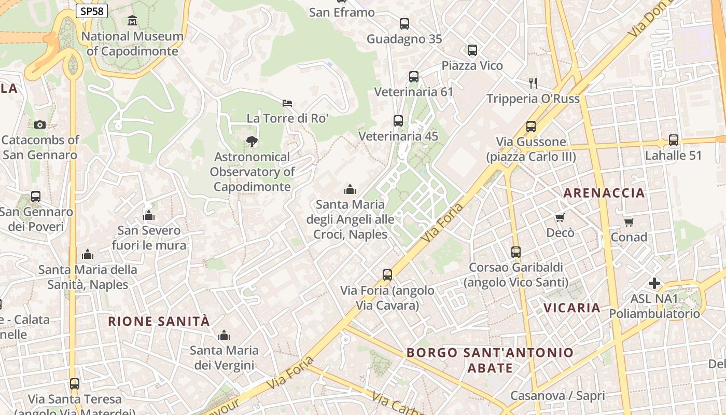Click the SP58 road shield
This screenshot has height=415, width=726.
click(92, 11)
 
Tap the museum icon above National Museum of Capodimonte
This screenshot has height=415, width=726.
click(132, 21)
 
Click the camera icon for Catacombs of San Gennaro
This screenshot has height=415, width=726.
click(40, 125)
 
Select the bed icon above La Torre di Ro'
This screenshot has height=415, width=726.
click(287, 103)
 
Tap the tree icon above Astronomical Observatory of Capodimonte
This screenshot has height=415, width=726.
click(252, 141)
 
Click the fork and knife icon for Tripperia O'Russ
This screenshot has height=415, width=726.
click(533, 83)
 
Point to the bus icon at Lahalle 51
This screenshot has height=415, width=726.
click(673, 140)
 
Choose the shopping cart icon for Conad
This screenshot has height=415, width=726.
click(629, 222)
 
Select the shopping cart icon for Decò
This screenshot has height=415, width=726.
click(560, 217)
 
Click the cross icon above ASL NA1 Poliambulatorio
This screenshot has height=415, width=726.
click(654, 283)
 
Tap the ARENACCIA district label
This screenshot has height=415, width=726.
click(604, 193)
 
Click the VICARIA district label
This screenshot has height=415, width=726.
click(571, 308)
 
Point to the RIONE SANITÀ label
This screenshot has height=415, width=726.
click(159, 321)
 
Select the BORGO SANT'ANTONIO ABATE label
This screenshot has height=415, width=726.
click(490, 360)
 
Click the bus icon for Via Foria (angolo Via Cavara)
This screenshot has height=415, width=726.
click(387, 275)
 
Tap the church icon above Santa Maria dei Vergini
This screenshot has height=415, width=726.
click(224, 335)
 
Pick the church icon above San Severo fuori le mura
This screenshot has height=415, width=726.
click(149, 215)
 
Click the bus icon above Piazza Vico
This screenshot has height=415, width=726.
click(472, 50)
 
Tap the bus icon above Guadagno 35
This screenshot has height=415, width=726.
click(404, 23)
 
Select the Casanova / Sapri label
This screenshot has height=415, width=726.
click(557, 396)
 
